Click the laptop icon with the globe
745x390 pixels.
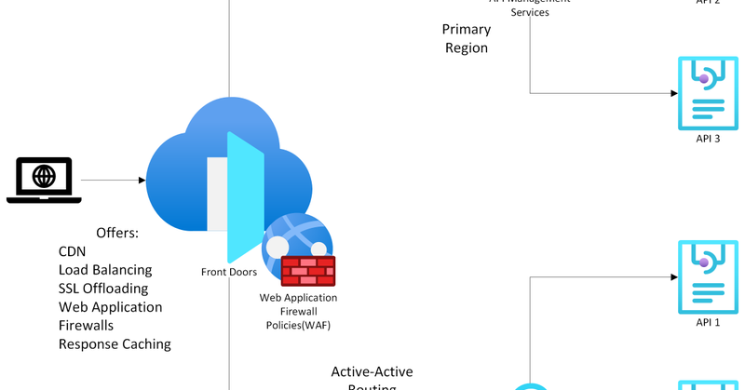tap(44, 179)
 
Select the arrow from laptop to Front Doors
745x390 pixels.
tap(113, 180)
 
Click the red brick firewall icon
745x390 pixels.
tap(307, 270)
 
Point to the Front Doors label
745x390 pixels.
tap(228, 272)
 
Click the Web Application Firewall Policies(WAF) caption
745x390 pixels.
tap(298, 311)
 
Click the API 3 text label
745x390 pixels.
tap(708, 138)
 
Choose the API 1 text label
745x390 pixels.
tap(708, 322)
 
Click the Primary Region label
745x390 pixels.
tap(465, 39)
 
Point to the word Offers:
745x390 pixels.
tap(117, 232)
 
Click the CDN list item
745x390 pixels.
tap(73, 251)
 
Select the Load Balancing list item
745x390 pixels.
tap(105, 270)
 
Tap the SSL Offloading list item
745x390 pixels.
tap(102, 289)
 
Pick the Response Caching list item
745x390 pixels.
tap(115, 344)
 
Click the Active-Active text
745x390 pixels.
tap(372, 372)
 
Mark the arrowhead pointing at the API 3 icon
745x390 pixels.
tap(671, 93)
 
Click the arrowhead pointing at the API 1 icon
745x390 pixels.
tap(671, 276)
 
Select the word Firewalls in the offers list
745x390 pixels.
tap(86, 326)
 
